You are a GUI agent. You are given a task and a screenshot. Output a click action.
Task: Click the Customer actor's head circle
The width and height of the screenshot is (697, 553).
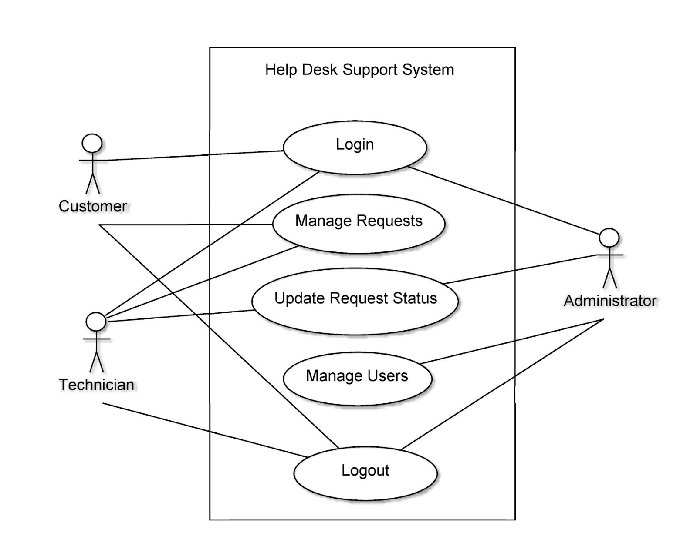coord(92,143)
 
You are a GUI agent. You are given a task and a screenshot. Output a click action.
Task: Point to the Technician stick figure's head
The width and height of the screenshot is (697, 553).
coord(96,322)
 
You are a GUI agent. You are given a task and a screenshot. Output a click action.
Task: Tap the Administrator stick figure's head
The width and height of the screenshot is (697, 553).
coord(609,238)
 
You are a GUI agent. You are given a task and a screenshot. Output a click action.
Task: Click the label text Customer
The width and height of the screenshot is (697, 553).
coord(93,206)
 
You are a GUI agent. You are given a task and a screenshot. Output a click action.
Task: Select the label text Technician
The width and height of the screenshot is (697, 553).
coord(96,385)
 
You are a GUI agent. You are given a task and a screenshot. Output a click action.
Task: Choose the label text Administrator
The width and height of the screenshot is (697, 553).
coord(610,301)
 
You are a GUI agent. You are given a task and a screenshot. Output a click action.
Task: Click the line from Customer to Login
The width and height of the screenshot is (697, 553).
coord(192,156)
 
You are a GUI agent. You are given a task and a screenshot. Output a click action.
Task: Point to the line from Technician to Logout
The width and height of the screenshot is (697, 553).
coord(205,430)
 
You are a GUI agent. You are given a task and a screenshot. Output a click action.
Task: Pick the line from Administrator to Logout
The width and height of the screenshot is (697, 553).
coord(501,385)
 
